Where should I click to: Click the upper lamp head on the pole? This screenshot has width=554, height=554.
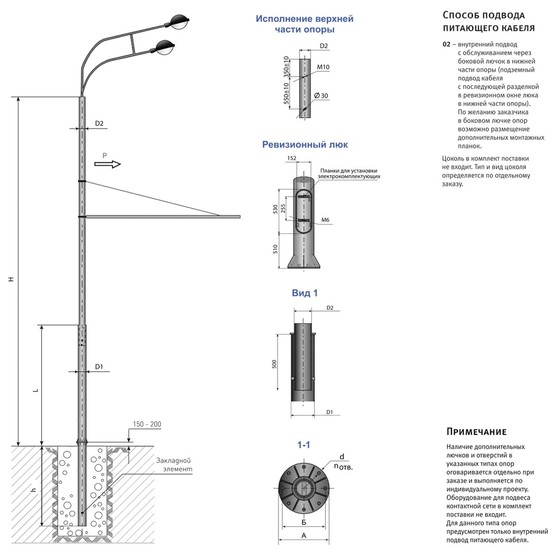[180, 21]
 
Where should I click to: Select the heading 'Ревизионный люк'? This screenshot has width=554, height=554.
[305, 145]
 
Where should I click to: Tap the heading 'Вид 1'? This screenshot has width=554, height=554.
[305, 293]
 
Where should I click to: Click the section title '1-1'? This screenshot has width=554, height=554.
[303, 445]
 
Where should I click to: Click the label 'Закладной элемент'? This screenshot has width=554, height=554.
[174, 465]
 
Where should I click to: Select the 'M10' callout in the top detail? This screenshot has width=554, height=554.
[323, 67]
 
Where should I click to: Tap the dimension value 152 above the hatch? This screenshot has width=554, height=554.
[291, 158]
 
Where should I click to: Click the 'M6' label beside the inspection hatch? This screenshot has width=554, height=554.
[325, 220]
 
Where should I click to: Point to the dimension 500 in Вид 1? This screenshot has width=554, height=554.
[274, 363]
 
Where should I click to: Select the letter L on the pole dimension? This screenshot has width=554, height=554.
[35, 390]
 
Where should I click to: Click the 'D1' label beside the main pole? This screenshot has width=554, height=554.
[99, 367]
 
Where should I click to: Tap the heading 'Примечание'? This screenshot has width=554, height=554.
[476, 432]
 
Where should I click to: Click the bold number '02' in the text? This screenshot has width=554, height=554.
[446, 45]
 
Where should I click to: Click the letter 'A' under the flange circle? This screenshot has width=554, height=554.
[303, 536]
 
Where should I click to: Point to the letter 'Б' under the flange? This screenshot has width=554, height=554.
[303, 522]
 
